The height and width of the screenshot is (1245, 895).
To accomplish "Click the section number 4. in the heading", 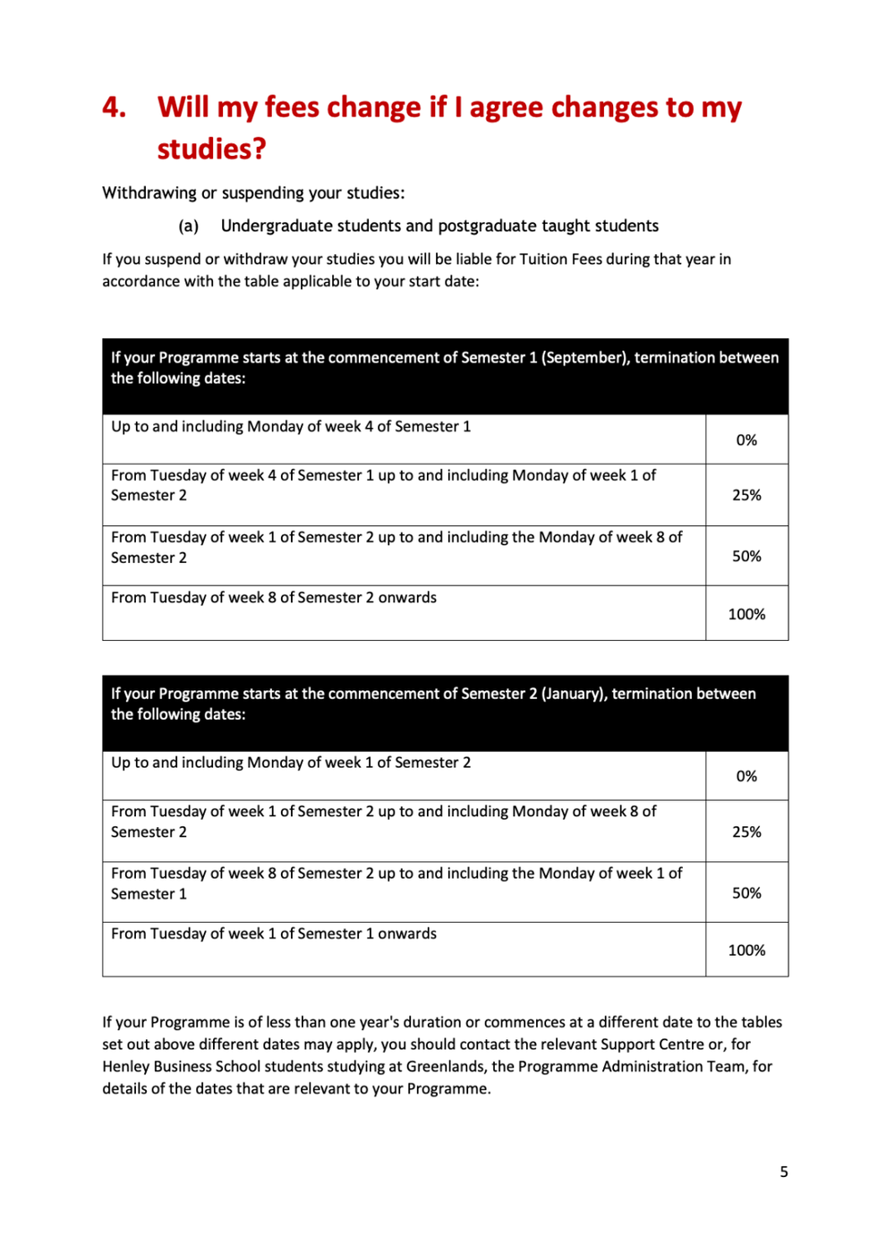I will click(114, 107).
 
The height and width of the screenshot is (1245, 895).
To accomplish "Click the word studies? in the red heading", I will click(212, 149).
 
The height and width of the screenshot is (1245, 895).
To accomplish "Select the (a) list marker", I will click(188, 226).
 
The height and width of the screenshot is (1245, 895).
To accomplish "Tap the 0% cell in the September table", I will click(746, 439).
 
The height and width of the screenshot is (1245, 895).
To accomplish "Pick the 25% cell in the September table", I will click(746, 495).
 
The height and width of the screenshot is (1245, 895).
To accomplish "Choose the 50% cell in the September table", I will click(746, 556).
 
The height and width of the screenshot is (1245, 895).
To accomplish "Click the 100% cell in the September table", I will click(746, 614).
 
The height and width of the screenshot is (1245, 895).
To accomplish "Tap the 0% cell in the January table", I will click(746, 776).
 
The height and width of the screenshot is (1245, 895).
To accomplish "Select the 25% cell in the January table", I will click(746, 831).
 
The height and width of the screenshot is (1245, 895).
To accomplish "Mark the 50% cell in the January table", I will click(746, 892).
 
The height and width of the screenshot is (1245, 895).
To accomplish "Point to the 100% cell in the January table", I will click(746, 950).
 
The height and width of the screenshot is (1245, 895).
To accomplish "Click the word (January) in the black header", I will click(573, 694).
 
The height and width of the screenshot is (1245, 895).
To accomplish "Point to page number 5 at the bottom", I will click(784, 1172).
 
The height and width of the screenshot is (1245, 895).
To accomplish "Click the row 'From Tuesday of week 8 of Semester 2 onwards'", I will click(274, 598).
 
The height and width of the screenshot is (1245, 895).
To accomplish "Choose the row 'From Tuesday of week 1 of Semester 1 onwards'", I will click(274, 934).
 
